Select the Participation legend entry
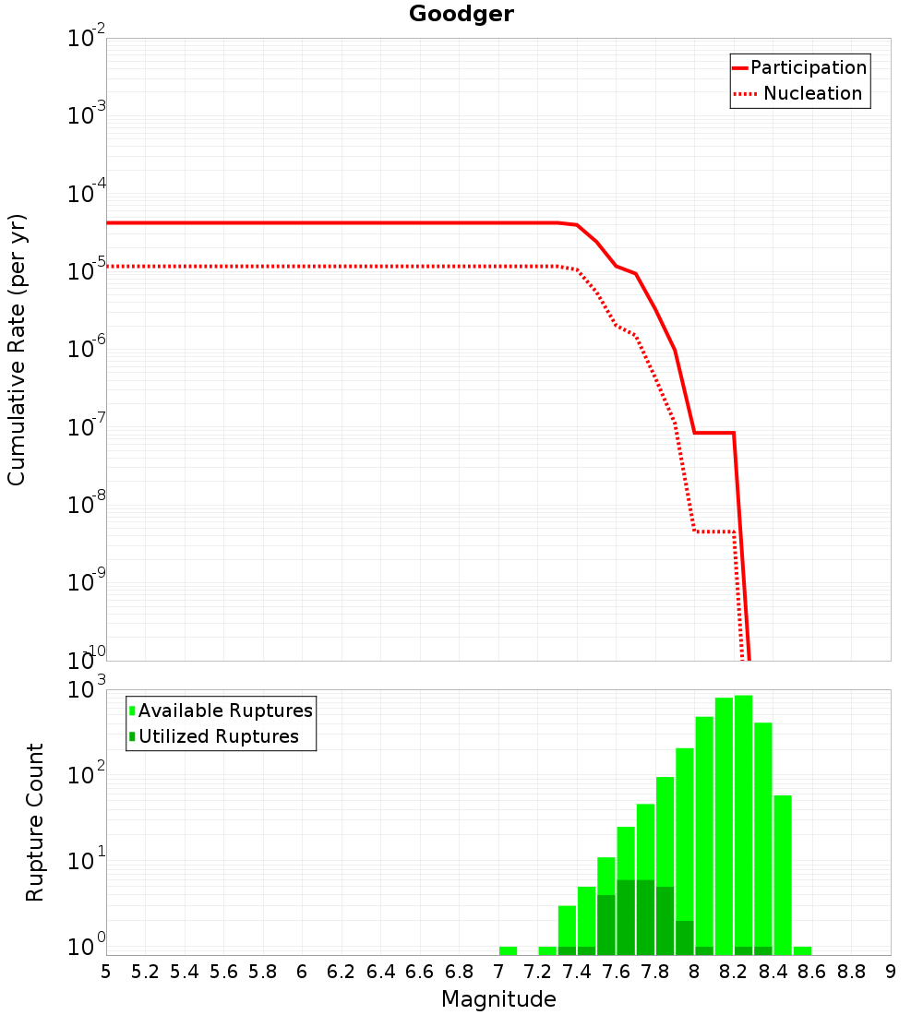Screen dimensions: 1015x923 [x=808, y=68]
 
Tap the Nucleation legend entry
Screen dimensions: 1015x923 [x=811, y=94]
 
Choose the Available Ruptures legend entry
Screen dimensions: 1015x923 [x=225, y=710]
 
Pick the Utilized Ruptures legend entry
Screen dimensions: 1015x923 [x=218, y=736]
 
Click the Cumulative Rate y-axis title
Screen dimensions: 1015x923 [x=17, y=349]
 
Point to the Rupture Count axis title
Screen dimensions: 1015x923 [x=35, y=822]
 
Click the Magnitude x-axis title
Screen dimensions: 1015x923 [x=498, y=999]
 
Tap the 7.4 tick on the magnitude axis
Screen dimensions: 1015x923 [x=577, y=972]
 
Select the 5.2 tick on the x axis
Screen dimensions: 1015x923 [x=145, y=972]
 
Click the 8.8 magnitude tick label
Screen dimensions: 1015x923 [x=851, y=972]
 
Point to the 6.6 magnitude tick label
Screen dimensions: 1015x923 [x=420, y=972]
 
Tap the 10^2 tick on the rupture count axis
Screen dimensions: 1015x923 [x=87, y=776]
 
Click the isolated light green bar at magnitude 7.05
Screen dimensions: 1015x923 [x=508, y=950]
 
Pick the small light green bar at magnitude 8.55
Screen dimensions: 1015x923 [x=802, y=950]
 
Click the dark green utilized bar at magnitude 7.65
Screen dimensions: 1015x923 [x=626, y=917]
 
